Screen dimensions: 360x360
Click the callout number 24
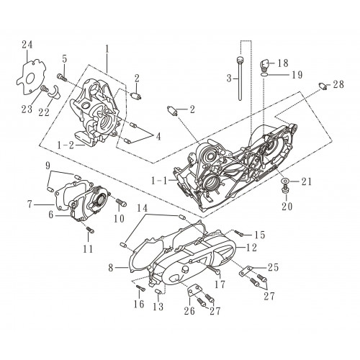27,45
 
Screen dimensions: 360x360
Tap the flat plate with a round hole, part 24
31,77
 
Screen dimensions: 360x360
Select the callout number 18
283,63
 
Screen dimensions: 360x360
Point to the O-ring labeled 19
264,75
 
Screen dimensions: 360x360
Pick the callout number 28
338,84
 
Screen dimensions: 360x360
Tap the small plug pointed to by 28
323,86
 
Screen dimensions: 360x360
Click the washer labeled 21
285,181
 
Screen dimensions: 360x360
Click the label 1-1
159,181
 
